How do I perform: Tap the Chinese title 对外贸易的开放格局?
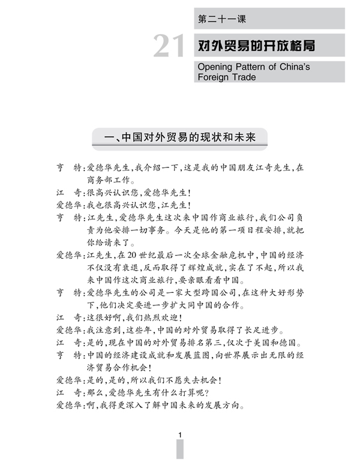[x=256, y=45]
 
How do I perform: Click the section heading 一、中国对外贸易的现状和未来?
[x=179, y=137]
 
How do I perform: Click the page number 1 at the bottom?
[x=180, y=435]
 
